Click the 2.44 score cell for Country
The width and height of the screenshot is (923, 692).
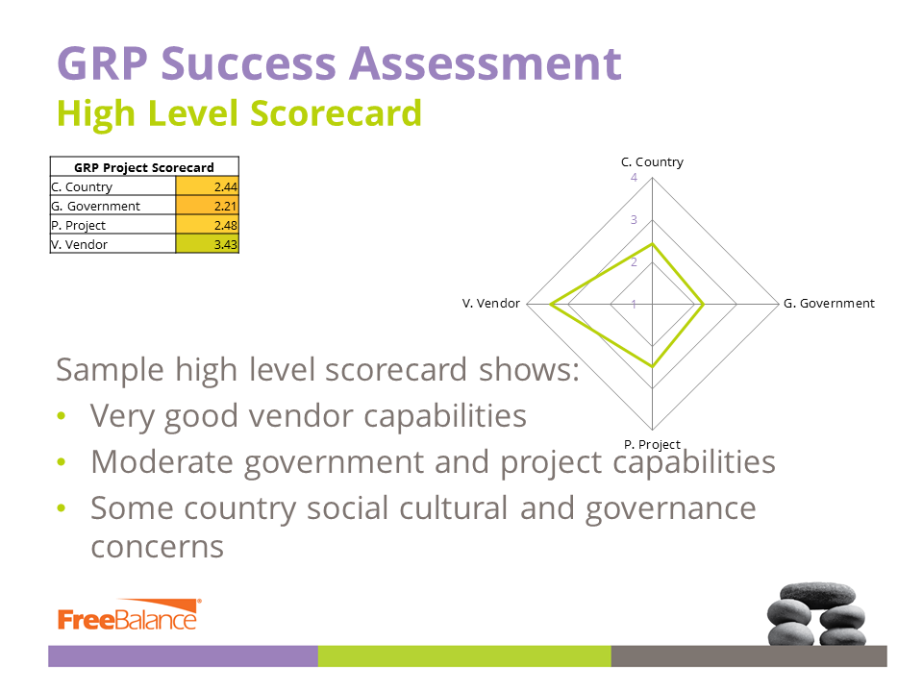tap(208, 186)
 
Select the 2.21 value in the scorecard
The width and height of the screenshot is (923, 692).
tap(208, 206)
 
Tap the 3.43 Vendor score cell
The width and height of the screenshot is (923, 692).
tap(208, 244)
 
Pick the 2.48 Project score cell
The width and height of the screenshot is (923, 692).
tap(208, 225)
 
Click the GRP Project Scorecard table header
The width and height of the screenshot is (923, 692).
tap(144, 167)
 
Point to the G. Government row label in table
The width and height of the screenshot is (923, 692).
tap(95, 206)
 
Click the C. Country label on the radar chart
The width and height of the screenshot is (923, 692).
tap(652, 161)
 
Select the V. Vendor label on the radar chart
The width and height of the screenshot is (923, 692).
tap(491, 303)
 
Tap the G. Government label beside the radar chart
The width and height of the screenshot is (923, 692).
tap(829, 303)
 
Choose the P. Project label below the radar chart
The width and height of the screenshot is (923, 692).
tap(652, 444)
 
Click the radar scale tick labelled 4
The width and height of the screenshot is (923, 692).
tap(634, 177)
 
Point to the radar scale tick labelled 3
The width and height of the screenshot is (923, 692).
tap(634, 219)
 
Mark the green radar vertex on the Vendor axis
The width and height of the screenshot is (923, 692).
tap(550, 305)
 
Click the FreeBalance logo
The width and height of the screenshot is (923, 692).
tap(129, 615)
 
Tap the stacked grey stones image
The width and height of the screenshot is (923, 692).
tap(816, 614)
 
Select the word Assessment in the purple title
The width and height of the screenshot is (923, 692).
tap(486, 63)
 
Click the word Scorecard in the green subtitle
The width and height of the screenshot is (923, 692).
tap(337, 113)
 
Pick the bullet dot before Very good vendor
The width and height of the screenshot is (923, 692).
tap(62, 416)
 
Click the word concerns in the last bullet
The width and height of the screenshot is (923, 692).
tap(157, 547)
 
